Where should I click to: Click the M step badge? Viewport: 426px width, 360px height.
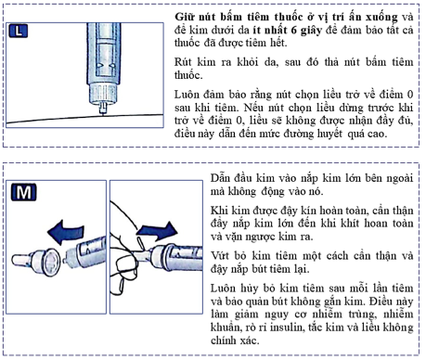coord(22,193)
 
